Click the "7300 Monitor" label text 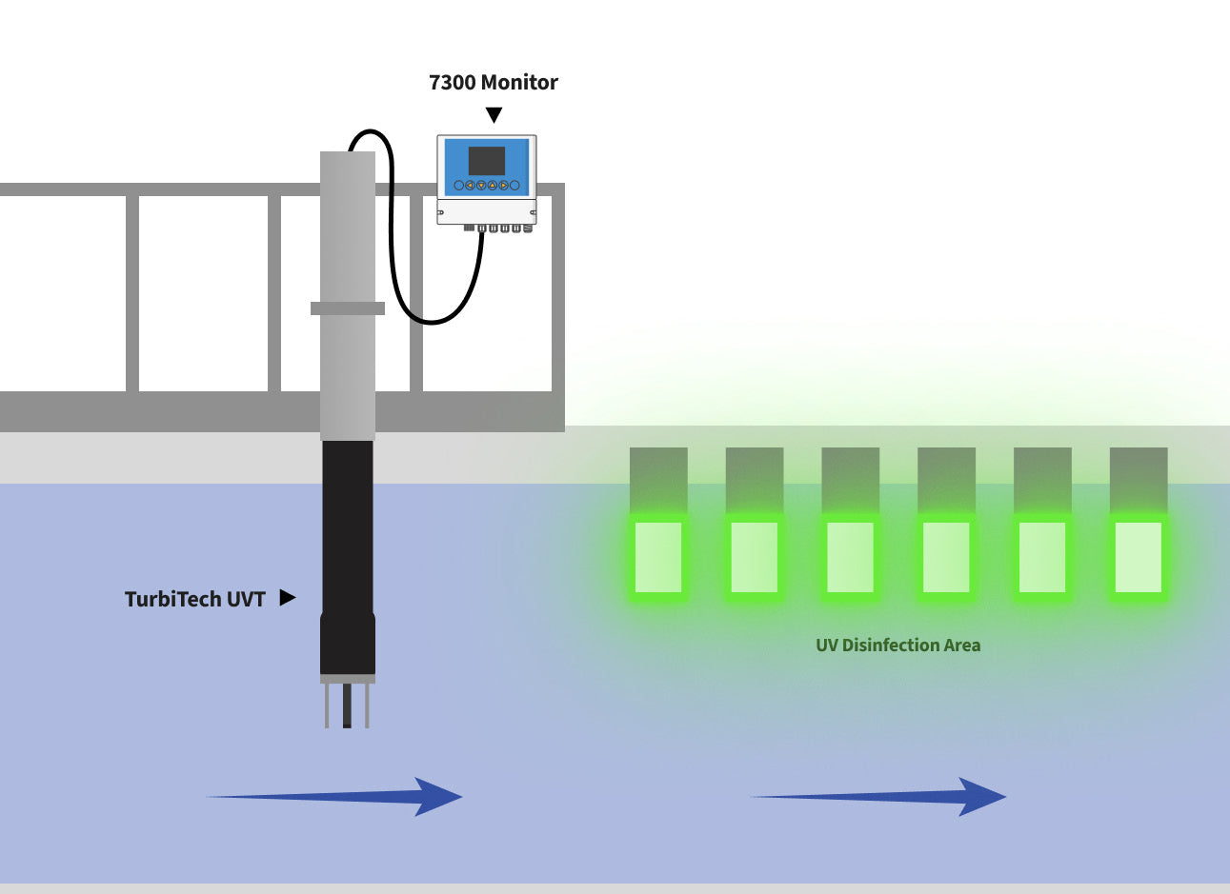click(x=494, y=83)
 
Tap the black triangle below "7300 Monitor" click(x=494, y=115)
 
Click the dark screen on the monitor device click(x=487, y=161)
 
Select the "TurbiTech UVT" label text click(x=194, y=599)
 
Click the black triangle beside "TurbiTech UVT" click(x=287, y=598)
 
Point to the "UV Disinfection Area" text click(x=897, y=646)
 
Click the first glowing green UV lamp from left click(x=658, y=557)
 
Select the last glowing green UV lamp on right click(x=1139, y=557)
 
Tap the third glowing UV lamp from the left click(x=851, y=557)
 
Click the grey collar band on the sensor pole click(x=348, y=308)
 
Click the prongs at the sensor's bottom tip click(x=347, y=705)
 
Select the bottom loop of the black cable click(x=434, y=321)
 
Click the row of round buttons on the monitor click(x=487, y=186)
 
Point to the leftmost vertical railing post click(x=132, y=293)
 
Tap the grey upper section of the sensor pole click(x=348, y=228)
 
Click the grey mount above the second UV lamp click(x=755, y=480)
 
